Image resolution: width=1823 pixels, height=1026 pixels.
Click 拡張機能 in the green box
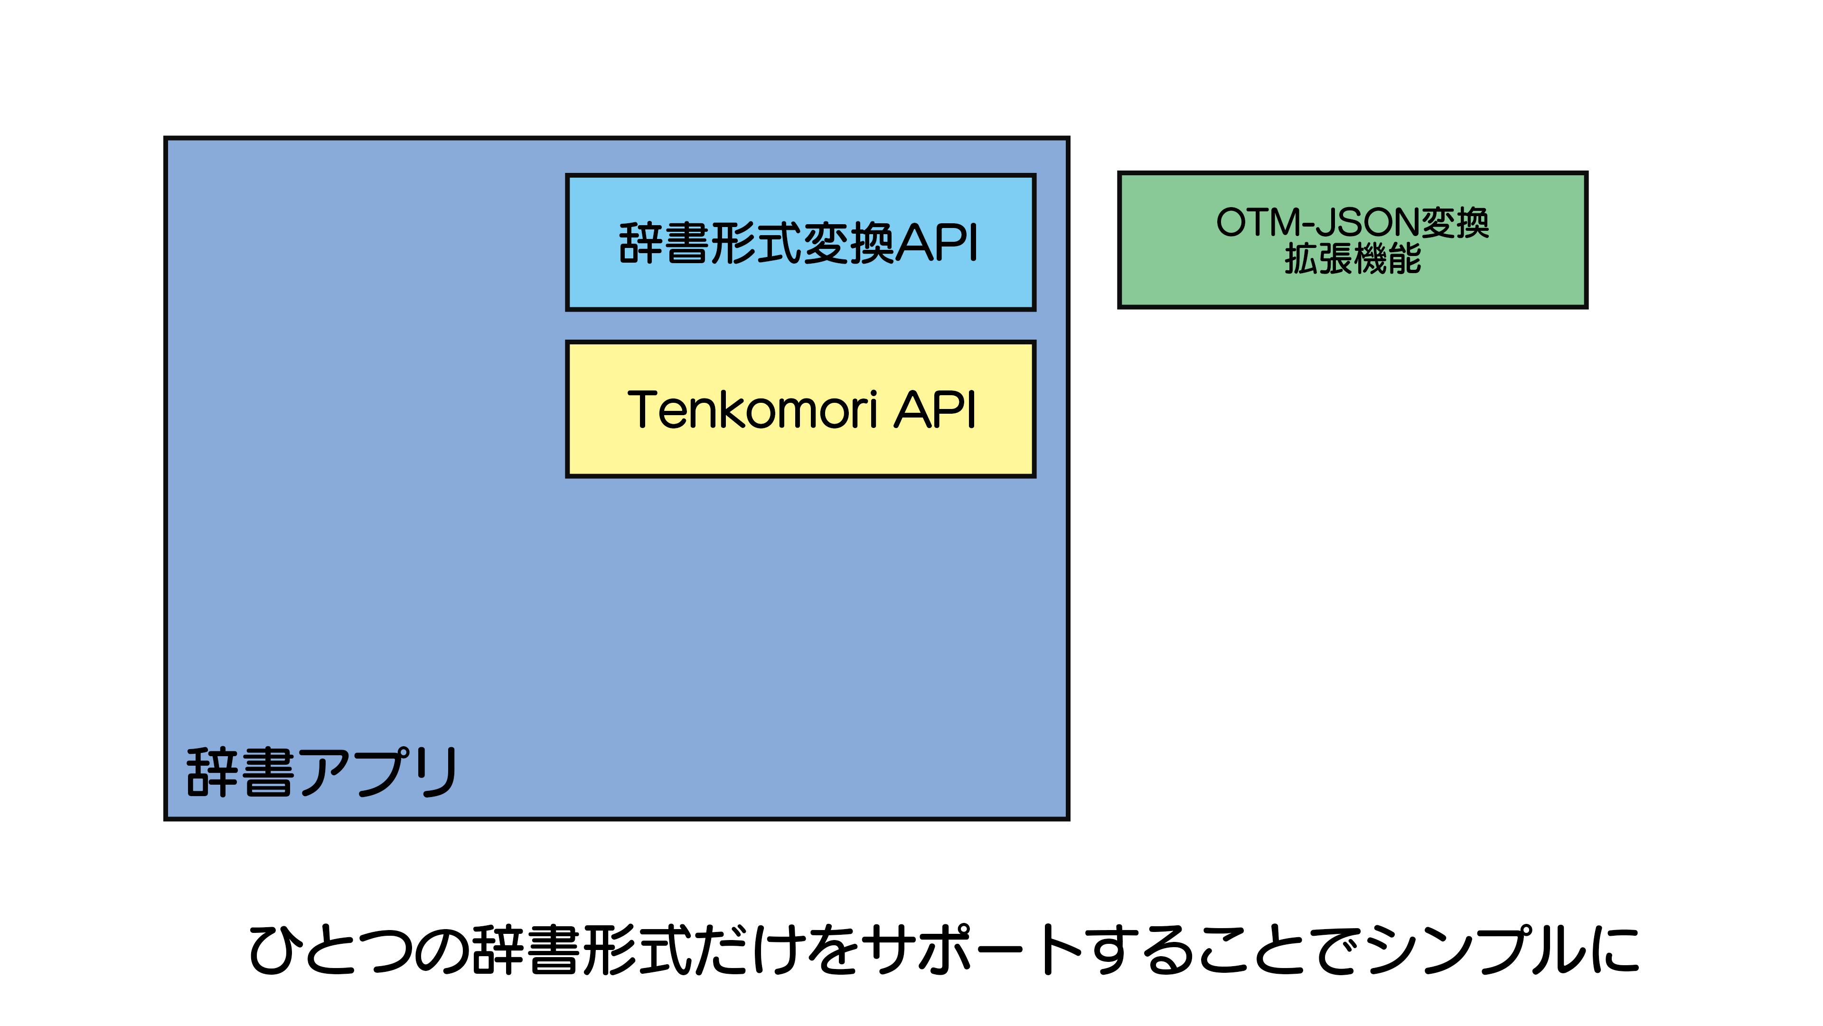[1353, 258]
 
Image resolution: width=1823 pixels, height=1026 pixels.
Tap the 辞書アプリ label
[321, 772]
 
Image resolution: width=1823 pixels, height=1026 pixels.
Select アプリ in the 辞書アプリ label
[379, 772]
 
